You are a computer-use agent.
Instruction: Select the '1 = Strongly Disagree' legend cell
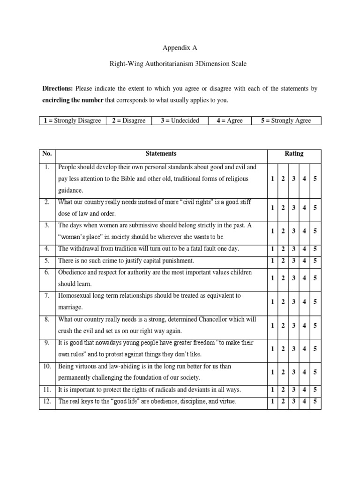click(73, 120)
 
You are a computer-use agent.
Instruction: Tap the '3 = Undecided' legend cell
click(180, 120)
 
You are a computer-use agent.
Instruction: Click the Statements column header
click(161, 153)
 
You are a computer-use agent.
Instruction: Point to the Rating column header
click(294, 153)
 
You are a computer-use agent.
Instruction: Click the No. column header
click(47, 153)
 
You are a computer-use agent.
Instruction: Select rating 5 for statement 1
click(315, 179)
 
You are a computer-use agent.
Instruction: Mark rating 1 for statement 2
click(273, 207)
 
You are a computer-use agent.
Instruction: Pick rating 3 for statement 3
click(294, 231)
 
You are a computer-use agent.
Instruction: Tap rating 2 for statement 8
click(284, 325)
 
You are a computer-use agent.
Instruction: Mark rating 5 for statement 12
click(315, 401)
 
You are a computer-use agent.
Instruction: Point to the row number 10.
click(47, 366)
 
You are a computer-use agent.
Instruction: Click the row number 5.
click(47, 261)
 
